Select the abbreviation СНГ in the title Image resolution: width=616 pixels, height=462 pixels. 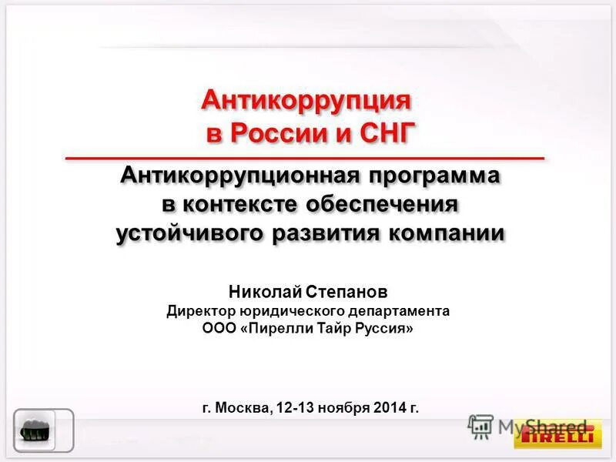[387, 132]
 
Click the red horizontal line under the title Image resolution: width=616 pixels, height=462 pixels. [305, 158]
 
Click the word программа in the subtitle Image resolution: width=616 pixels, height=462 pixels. [434, 176]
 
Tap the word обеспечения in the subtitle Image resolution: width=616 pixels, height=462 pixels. [383, 204]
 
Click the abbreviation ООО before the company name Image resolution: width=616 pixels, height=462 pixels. [216, 329]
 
